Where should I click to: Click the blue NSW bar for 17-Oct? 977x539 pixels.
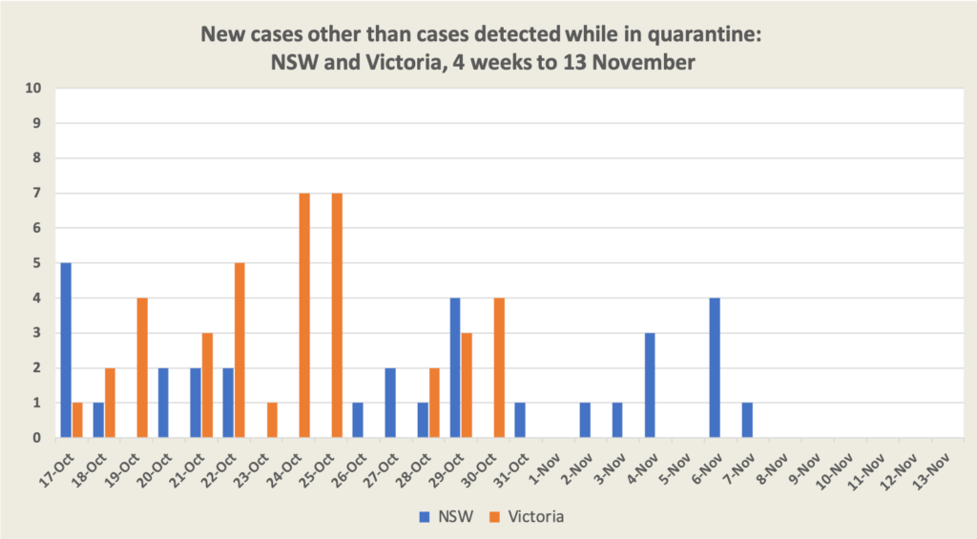65,350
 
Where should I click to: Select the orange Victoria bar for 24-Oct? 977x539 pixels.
304,316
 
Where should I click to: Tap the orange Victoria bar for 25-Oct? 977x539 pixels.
336,316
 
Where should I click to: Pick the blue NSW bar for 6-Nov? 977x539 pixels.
714,368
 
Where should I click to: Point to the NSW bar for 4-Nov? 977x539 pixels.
649,385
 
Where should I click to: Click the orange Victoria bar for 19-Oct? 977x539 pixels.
142,368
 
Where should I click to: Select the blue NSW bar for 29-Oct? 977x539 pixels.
455,368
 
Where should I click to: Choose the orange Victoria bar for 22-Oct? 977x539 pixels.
239,350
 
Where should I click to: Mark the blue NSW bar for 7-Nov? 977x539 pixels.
746,421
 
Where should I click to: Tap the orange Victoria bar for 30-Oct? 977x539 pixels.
498,368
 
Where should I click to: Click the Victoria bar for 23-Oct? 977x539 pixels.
272,421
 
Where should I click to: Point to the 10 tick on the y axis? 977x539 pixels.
35,89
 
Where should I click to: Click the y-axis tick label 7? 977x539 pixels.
38,194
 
